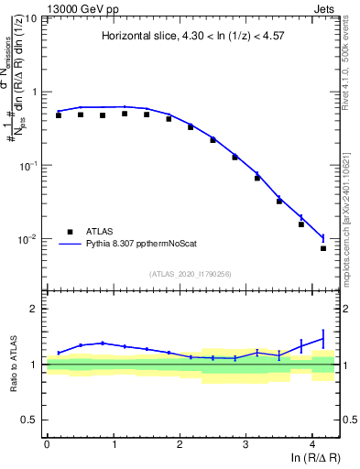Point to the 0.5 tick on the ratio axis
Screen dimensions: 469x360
coord(32,420)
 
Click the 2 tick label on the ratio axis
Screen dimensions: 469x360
coord(36,309)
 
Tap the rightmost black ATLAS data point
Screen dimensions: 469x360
coord(323,248)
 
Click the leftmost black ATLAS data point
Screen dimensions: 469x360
coord(59,115)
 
